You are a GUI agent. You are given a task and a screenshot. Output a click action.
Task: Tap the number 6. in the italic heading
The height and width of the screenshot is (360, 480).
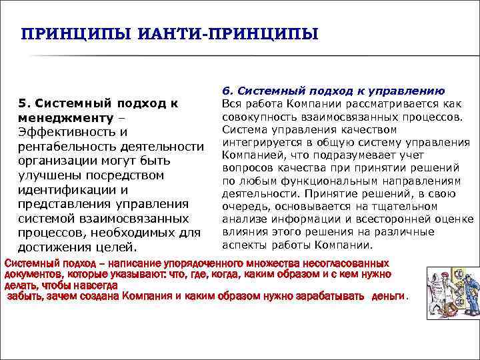(227, 91)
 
